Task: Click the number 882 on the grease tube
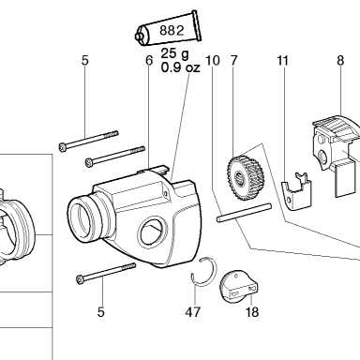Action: (x=172, y=31)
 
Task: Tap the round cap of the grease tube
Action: (x=140, y=37)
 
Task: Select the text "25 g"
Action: (x=175, y=53)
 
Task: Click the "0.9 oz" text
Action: (x=180, y=67)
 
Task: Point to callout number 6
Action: (x=149, y=60)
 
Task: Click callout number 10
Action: (x=213, y=60)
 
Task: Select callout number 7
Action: (x=233, y=60)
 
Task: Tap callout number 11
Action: (x=283, y=60)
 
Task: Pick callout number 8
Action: (x=340, y=60)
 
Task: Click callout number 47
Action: (x=192, y=312)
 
